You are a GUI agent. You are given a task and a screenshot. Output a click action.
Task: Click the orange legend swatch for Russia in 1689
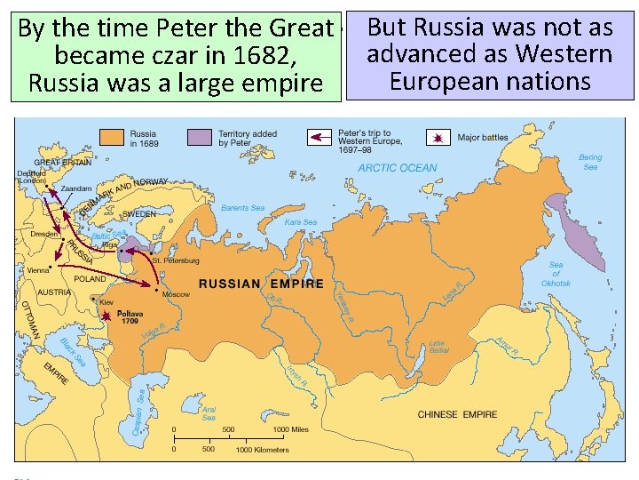pyautogui.click(x=111, y=138)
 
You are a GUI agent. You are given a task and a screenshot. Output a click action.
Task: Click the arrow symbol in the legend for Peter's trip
pyautogui.click(x=319, y=138)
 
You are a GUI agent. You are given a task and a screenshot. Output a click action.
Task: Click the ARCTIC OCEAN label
pyautogui.click(x=398, y=168)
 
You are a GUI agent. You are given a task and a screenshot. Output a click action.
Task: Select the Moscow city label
pyautogui.click(x=176, y=294)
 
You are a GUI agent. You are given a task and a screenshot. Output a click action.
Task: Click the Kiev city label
pyautogui.click(x=106, y=302)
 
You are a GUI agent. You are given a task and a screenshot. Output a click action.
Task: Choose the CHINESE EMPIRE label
pyautogui.click(x=457, y=414)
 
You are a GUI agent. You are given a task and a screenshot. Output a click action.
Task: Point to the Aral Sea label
pyautogui.click(x=209, y=413)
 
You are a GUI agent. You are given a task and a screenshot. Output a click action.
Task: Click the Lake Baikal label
pyautogui.click(x=437, y=347)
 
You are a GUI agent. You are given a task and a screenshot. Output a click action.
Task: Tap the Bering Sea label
pyautogui.click(x=590, y=162)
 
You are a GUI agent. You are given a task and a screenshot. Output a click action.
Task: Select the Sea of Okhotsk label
pyautogui.click(x=556, y=274)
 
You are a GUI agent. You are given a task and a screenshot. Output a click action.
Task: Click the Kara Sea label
pyautogui.click(x=300, y=222)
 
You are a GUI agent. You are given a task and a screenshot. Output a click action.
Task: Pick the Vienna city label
pyautogui.click(x=38, y=269)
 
